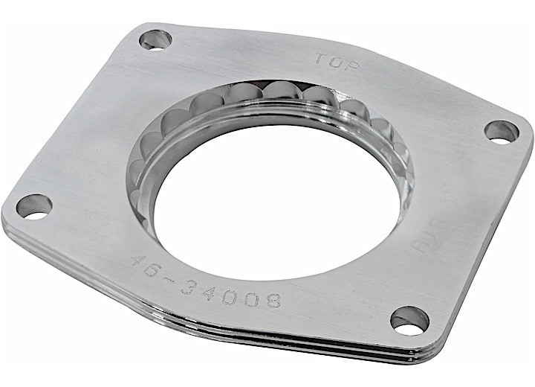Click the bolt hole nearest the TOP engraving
point(155,39)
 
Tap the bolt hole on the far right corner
point(502,132)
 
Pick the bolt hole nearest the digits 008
point(409,319)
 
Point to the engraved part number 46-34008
point(206,281)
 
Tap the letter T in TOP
point(320,57)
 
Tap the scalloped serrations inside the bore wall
point(245,100)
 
